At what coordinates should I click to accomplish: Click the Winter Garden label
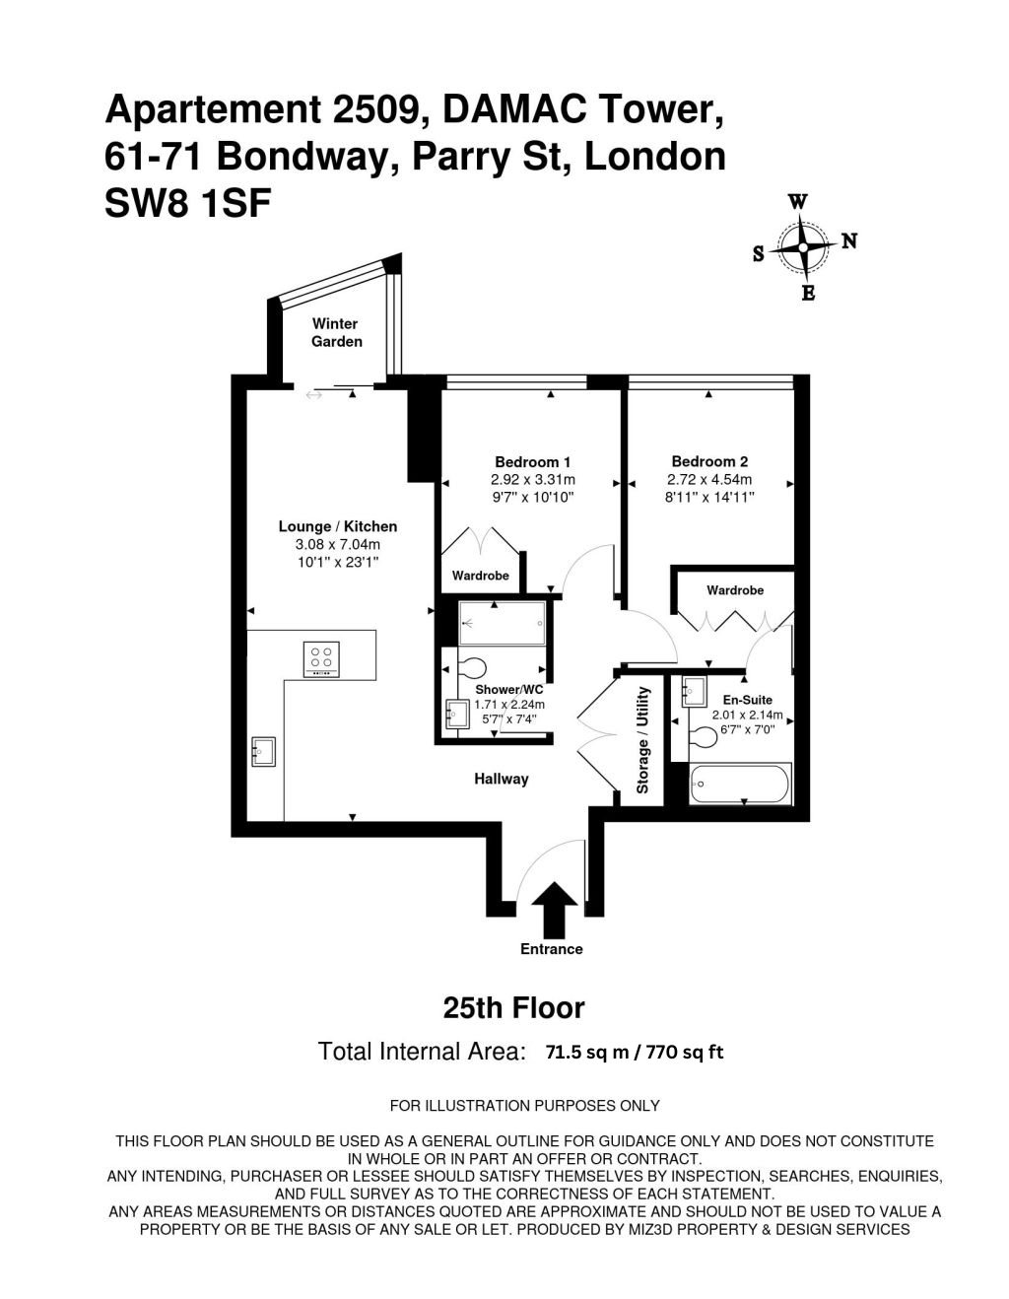[x=337, y=332]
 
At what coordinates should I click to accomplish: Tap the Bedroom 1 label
[x=532, y=462]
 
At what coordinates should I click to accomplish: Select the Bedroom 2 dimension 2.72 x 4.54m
[x=709, y=479]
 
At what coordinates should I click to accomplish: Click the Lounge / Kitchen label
[x=338, y=526]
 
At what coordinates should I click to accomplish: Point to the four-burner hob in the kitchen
[x=322, y=659]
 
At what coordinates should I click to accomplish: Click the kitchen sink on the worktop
[x=263, y=751]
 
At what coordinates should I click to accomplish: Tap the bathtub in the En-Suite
[x=741, y=785]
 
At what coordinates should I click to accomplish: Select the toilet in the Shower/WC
[x=473, y=667]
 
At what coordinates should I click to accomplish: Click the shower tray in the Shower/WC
[x=502, y=624]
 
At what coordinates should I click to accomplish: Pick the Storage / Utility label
[x=642, y=740]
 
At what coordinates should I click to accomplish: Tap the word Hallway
[x=502, y=780]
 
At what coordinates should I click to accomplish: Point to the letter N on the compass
[x=849, y=240]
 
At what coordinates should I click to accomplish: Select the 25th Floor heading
[x=513, y=1008]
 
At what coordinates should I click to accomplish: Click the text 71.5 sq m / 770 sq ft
[x=635, y=1053]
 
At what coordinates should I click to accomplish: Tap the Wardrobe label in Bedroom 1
[x=480, y=576]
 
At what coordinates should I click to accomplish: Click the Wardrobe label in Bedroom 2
[x=735, y=590]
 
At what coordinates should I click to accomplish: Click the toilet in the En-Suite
[x=703, y=736]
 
